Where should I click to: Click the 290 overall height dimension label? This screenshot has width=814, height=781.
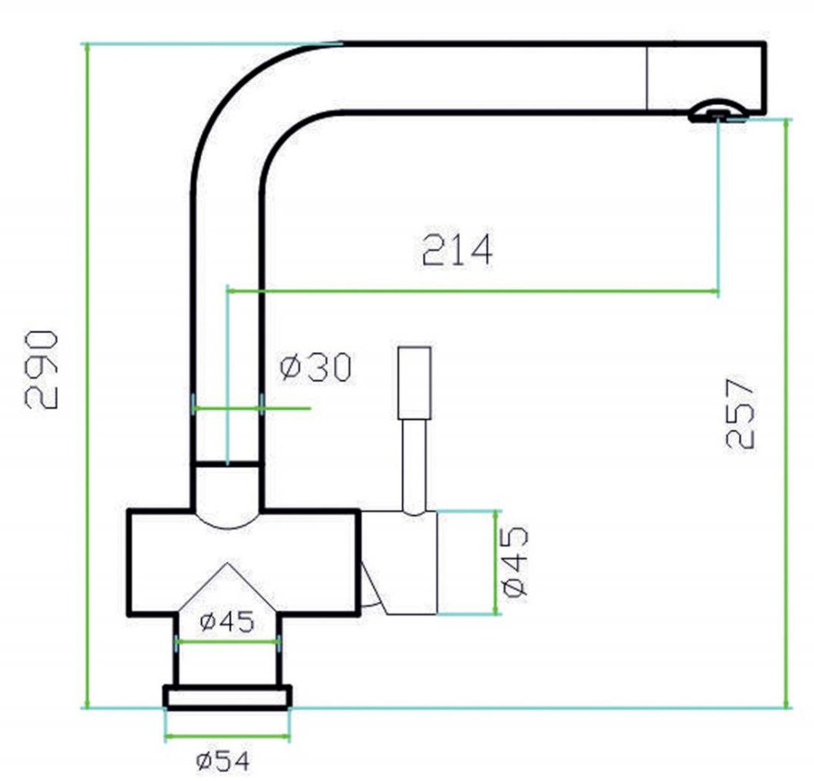pos(42,370)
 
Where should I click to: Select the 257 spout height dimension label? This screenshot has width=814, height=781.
pos(741,413)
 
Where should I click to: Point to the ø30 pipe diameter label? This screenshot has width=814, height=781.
pos(316,367)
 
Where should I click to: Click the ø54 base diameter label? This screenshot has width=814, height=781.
pos(222,761)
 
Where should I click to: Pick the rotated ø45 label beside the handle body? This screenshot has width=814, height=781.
pos(514,561)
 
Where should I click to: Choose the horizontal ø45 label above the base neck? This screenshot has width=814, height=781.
pos(227,622)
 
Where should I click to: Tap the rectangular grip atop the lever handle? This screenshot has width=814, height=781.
pos(415,383)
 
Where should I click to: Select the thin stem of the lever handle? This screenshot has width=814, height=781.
pos(414,466)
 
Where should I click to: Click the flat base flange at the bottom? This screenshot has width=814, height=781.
pos(227,697)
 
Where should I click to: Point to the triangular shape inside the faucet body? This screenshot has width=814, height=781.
pos(227,587)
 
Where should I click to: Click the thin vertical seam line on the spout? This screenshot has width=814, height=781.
pos(647,77)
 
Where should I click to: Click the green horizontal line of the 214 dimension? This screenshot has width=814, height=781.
pos(470,291)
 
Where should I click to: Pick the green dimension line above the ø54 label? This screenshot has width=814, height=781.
pos(227,738)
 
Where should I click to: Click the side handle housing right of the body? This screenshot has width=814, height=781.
pos(399,562)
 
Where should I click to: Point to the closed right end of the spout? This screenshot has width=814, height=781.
pos(762,77)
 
